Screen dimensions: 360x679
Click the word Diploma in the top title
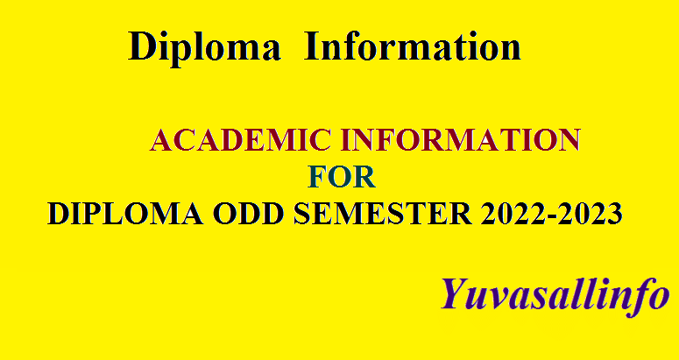(x=204, y=46)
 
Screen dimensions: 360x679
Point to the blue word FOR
(x=342, y=178)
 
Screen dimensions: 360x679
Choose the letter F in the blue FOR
(x=317, y=178)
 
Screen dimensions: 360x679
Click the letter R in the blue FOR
(x=365, y=178)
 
